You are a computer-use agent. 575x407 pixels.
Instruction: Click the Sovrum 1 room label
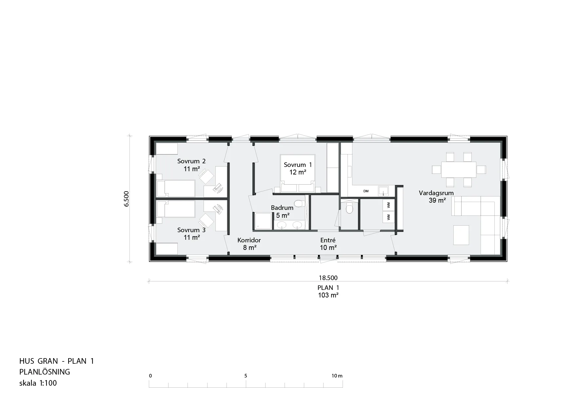click(298, 165)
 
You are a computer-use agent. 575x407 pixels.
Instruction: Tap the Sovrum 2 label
click(191, 161)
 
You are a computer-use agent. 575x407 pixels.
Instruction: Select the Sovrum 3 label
click(191, 230)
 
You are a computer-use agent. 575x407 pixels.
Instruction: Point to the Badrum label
click(282, 208)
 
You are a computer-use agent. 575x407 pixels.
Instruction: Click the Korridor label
click(249, 240)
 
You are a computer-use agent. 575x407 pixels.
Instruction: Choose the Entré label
click(328, 240)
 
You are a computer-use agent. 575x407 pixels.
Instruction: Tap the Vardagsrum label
click(436, 193)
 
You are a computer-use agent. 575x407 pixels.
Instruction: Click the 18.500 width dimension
click(328, 278)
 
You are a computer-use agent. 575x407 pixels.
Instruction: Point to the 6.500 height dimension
click(127, 199)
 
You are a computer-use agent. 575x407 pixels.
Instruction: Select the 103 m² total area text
click(328, 295)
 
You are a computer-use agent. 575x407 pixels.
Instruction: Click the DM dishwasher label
click(366, 191)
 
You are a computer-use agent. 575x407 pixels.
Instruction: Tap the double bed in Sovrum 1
click(298, 173)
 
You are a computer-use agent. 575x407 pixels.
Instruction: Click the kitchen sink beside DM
click(383, 191)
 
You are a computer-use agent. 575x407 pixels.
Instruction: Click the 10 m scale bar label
click(337, 376)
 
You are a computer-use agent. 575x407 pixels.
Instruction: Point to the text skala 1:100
click(38, 383)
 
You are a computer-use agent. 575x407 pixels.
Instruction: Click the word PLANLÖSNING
click(45, 372)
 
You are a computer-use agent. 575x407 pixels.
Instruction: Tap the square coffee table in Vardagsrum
click(461, 235)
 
